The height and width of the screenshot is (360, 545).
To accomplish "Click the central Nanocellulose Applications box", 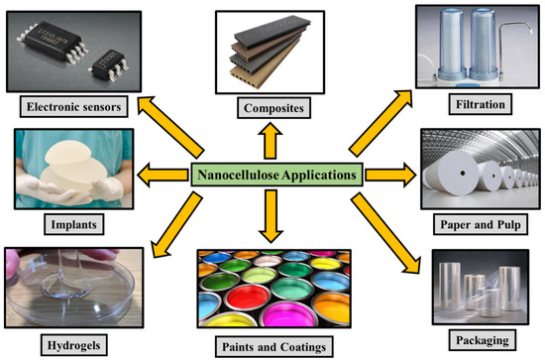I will point(275,174).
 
